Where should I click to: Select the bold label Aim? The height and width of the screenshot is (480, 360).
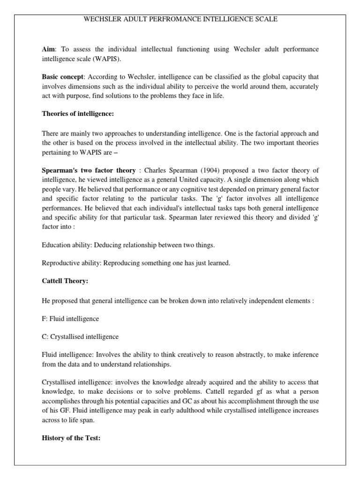(x=48, y=49)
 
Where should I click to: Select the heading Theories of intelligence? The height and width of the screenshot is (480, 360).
(x=78, y=114)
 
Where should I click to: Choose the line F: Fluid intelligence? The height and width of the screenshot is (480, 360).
(x=70, y=319)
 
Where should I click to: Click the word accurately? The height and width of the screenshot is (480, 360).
(x=299, y=86)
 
